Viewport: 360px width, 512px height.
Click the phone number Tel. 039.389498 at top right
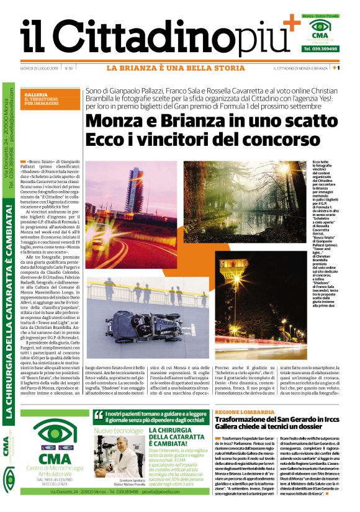(321, 48)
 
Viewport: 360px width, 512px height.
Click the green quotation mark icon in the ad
(98, 415)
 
